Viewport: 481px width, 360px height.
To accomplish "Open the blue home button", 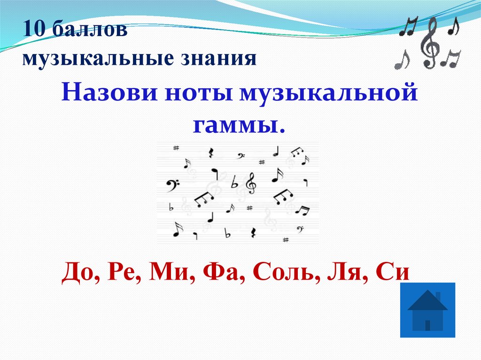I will pyautogui.click(x=427, y=310).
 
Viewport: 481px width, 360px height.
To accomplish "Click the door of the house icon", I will pyautogui.click(x=427, y=325).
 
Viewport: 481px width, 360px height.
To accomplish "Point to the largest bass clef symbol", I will pyautogui.click(x=173, y=184).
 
